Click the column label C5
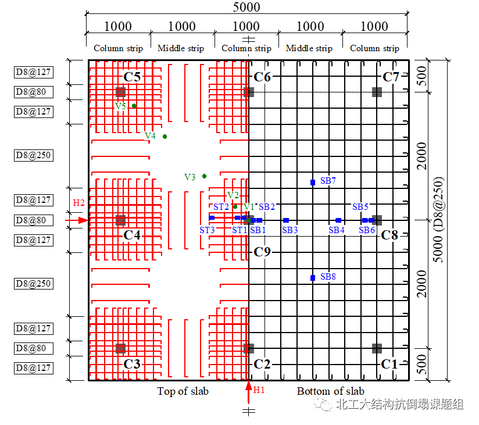[x=132, y=77]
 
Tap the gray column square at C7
[x=377, y=92]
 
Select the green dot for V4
[x=165, y=137]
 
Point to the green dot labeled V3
[x=204, y=176]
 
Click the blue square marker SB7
[x=313, y=183]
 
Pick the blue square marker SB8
[x=313, y=278]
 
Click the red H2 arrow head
[x=84, y=220]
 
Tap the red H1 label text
[x=259, y=390]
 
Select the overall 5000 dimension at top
[x=246, y=8]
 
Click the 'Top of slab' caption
[x=183, y=391]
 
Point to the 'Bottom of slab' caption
[x=330, y=391]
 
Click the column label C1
[x=389, y=365]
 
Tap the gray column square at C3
[x=120, y=348]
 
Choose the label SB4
[x=337, y=230]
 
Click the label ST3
[x=208, y=230]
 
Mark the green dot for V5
[x=134, y=106]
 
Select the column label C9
[x=262, y=252]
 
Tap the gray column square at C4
[x=120, y=220]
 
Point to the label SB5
[x=360, y=207]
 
